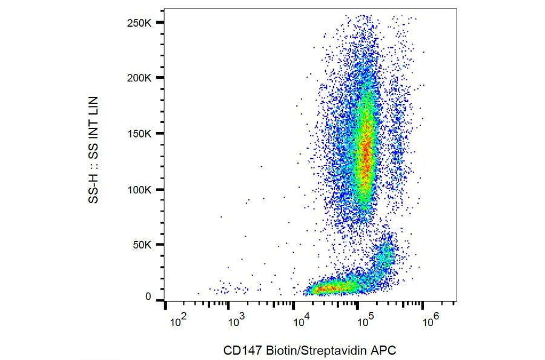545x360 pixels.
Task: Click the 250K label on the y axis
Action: click(140, 22)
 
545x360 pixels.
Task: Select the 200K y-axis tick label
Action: click(140, 78)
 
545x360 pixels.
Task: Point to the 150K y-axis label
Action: click(140, 134)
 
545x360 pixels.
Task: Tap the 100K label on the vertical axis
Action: click(140, 190)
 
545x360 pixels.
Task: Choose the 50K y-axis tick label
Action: click(143, 245)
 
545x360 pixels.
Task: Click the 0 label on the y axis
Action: click(148, 297)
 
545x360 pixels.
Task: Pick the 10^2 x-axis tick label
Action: click(177, 322)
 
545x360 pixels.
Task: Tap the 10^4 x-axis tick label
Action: click(301, 322)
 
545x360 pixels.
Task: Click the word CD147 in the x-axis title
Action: click(239, 350)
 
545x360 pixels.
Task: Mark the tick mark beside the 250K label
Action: click(160, 22)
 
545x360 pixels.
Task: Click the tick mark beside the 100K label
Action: click(160, 190)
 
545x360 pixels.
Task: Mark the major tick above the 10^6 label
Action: click(423, 305)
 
